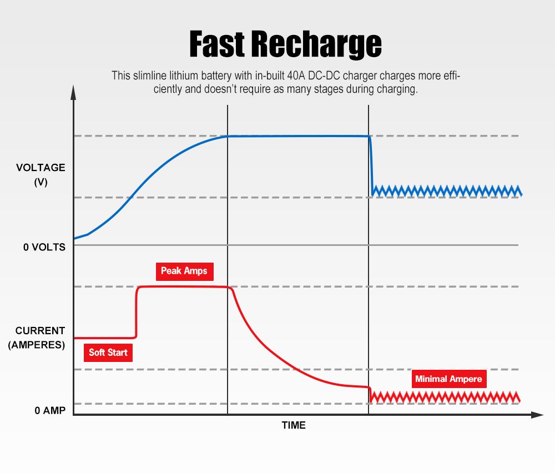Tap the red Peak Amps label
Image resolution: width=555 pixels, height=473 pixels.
(x=184, y=271)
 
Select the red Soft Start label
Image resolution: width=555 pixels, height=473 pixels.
(x=108, y=353)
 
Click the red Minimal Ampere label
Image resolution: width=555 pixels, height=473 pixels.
(x=448, y=380)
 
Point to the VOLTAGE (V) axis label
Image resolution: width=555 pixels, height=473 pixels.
(x=41, y=174)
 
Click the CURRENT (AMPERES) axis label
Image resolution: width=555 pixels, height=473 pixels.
(x=37, y=338)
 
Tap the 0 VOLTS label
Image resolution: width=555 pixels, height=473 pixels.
(x=44, y=247)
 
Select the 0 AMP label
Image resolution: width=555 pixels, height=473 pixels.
(x=49, y=411)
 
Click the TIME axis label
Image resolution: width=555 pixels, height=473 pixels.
(x=294, y=425)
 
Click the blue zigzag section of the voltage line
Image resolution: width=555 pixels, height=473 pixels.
(x=447, y=191)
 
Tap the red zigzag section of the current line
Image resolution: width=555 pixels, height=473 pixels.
(x=444, y=397)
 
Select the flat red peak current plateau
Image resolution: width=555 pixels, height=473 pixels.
(x=183, y=286)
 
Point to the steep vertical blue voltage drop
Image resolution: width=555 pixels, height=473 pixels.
(x=371, y=164)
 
